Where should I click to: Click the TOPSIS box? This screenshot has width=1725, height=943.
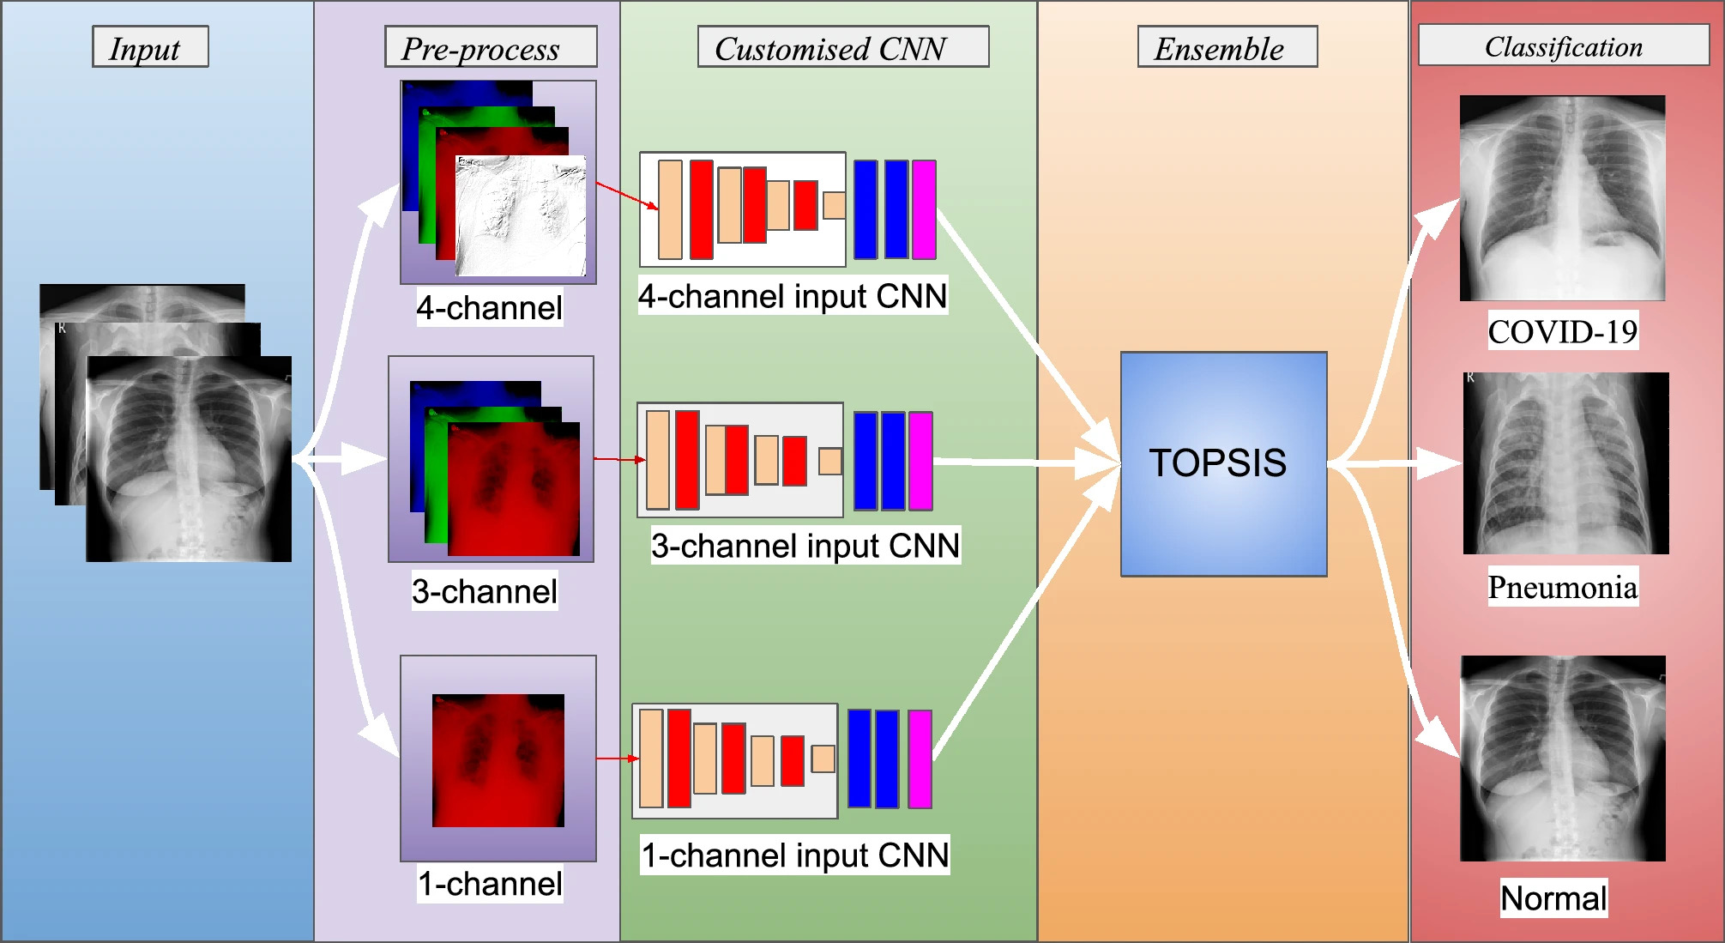tap(1223, 463)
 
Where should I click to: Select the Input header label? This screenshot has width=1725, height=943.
tap(150, 47)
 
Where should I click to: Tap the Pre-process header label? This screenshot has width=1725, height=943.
tap(490, 47)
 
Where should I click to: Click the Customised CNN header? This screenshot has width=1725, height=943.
tap(842, 47)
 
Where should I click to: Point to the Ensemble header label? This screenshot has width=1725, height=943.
tap(1227, 47)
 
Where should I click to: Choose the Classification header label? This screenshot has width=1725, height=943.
tap(1563, 45)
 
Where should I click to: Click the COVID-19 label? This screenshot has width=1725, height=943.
tap(1562, 331)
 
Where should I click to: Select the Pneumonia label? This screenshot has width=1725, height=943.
tap(1562, 587)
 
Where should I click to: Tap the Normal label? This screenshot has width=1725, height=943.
tap(1553, 898)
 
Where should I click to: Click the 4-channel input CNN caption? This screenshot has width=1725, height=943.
tap(792, 296)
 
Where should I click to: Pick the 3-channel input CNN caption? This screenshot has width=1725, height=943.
tap(805, 546)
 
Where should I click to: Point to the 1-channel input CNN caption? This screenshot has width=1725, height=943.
tap(794, 855)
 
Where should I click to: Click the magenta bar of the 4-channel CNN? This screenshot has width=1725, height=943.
tap(924, 209)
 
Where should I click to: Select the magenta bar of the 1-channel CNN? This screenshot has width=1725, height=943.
tap(920, 759)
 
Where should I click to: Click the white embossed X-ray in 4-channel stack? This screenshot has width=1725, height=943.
tap(521, 215)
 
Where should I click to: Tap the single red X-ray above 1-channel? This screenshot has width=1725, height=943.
tap(498, 760)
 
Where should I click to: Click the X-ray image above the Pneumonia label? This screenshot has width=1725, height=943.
tap(1565, 463)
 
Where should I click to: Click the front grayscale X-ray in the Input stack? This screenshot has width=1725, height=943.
tap(189, 459)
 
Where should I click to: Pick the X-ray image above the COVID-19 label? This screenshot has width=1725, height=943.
tap(1562, 197)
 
